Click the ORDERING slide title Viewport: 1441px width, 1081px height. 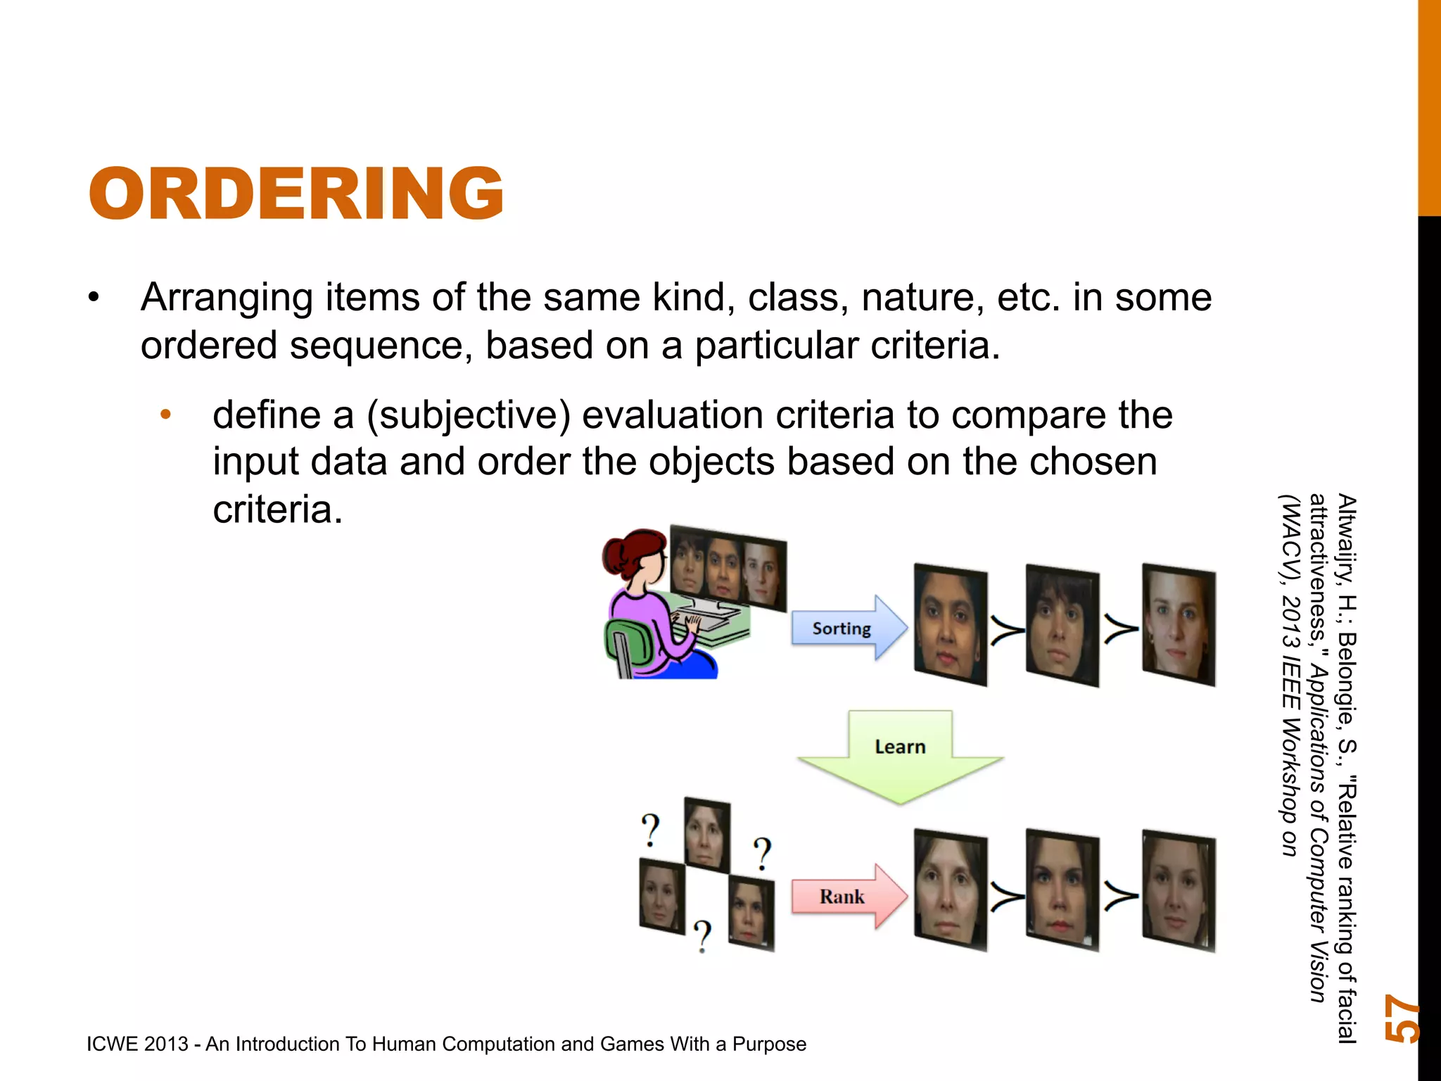pyautogui.click(x=296, y=194)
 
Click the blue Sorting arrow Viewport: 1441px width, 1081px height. pyautogui.click(x=844, y=628)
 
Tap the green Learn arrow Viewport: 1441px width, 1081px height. pyautogui.click(x=900, y=753)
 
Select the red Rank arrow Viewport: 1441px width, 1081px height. pyautogui.click(x=844, y=897)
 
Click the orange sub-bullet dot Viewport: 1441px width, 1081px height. pyautogui.click(x=166, y=415)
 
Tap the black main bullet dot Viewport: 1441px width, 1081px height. pyautogui.click(x=94, y=298)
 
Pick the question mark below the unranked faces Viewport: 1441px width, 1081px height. pyautogui.click(x=702, y=935)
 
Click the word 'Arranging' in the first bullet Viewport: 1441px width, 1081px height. pyautogui.click(x=227, y=298)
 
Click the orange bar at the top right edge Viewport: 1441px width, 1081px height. pyautogui.click(x=1429, y=106)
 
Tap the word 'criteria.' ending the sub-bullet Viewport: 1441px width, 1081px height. pyautogui.click(x=277, y=510)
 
